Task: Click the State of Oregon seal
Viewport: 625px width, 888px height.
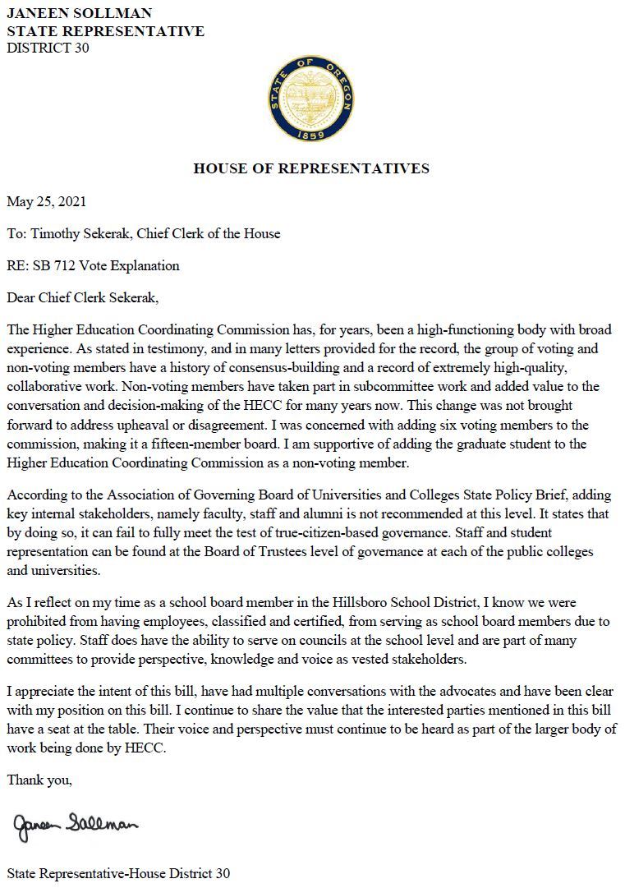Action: tap(311, 98)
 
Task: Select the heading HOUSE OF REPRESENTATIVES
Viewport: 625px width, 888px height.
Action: tap(311, 169)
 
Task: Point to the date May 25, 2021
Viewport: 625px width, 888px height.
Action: tap(46, 201)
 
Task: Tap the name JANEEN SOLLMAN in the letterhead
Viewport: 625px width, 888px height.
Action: tap(80, 14)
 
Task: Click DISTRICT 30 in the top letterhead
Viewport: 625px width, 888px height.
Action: tap(48, 48)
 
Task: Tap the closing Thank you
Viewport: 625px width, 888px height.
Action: tap(39, 780)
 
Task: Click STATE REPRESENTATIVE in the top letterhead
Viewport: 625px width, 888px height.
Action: tap(105, 31)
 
